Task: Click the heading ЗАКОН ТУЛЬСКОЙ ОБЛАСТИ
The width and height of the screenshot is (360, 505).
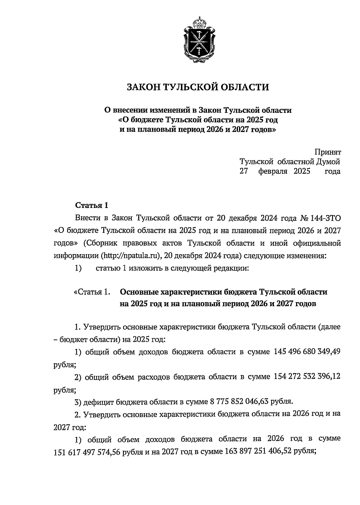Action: point(198,87)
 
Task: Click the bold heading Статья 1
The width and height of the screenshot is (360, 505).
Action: point(91,206)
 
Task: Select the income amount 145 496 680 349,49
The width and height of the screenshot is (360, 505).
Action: point(307,352)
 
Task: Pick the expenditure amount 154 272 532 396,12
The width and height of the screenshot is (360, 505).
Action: point(307,376)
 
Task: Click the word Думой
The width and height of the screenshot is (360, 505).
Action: point(328,162)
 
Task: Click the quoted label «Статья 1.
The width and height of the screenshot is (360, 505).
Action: point(91,292)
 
